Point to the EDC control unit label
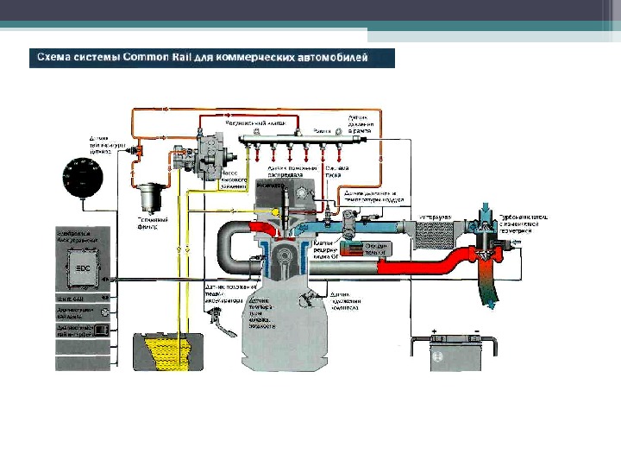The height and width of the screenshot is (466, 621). point(85,269)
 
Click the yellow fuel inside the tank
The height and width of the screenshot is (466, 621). point(169,355)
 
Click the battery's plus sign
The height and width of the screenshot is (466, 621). point(434,331)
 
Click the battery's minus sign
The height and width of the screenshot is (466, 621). point(477,331)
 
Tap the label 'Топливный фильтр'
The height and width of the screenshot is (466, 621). point(153,224)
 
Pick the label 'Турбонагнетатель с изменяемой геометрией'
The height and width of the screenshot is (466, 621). point(524,219)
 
